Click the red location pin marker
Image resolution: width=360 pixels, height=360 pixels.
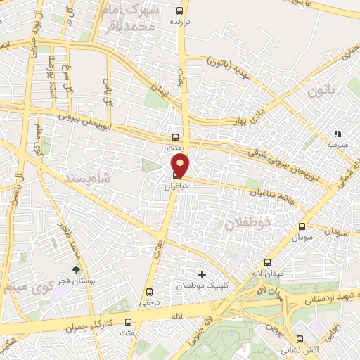pos(181,165)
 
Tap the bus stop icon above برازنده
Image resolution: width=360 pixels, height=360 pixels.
pos(181,11)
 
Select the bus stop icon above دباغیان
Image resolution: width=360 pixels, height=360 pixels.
pos(175,176)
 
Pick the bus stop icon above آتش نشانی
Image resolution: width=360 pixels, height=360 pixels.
pos(300,338)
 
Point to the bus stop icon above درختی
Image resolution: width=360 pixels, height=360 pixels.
pos(149,292)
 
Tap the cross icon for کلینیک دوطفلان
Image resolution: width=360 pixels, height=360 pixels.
pos(202,274)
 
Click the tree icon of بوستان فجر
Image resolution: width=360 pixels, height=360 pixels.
pos(77,269)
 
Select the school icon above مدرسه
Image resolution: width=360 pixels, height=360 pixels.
pos(337,133)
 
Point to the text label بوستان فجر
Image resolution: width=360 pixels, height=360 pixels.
pos(78,281)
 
